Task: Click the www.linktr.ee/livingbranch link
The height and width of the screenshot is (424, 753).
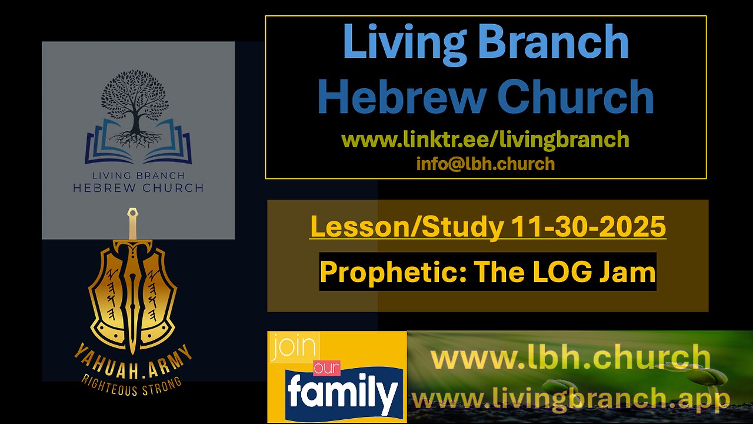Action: point(485,140)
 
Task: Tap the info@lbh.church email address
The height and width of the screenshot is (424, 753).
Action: point(485,163)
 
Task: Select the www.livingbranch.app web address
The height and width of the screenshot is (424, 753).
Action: point(571,399)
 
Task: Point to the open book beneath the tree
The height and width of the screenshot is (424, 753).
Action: point(135,144)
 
